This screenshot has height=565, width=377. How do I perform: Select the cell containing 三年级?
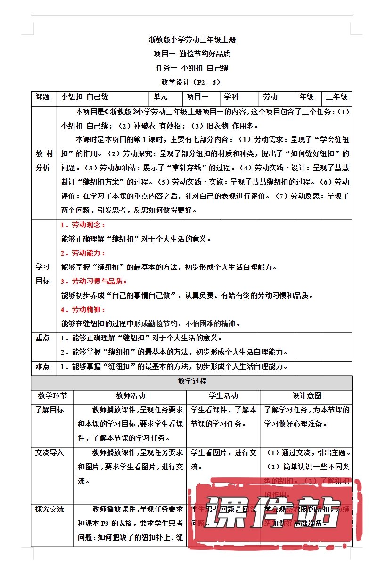[337, 97]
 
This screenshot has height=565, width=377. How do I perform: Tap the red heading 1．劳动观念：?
[83, 225]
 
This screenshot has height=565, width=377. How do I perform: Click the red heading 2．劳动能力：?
[83, 253]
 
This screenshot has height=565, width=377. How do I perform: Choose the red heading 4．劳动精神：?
[83, 310]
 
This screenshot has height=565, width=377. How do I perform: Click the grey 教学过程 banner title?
[192, 382]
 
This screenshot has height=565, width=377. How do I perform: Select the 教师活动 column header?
[130, 396]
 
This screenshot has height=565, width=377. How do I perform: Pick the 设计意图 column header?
[306, 396]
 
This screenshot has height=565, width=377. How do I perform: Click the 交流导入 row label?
[50, 453]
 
